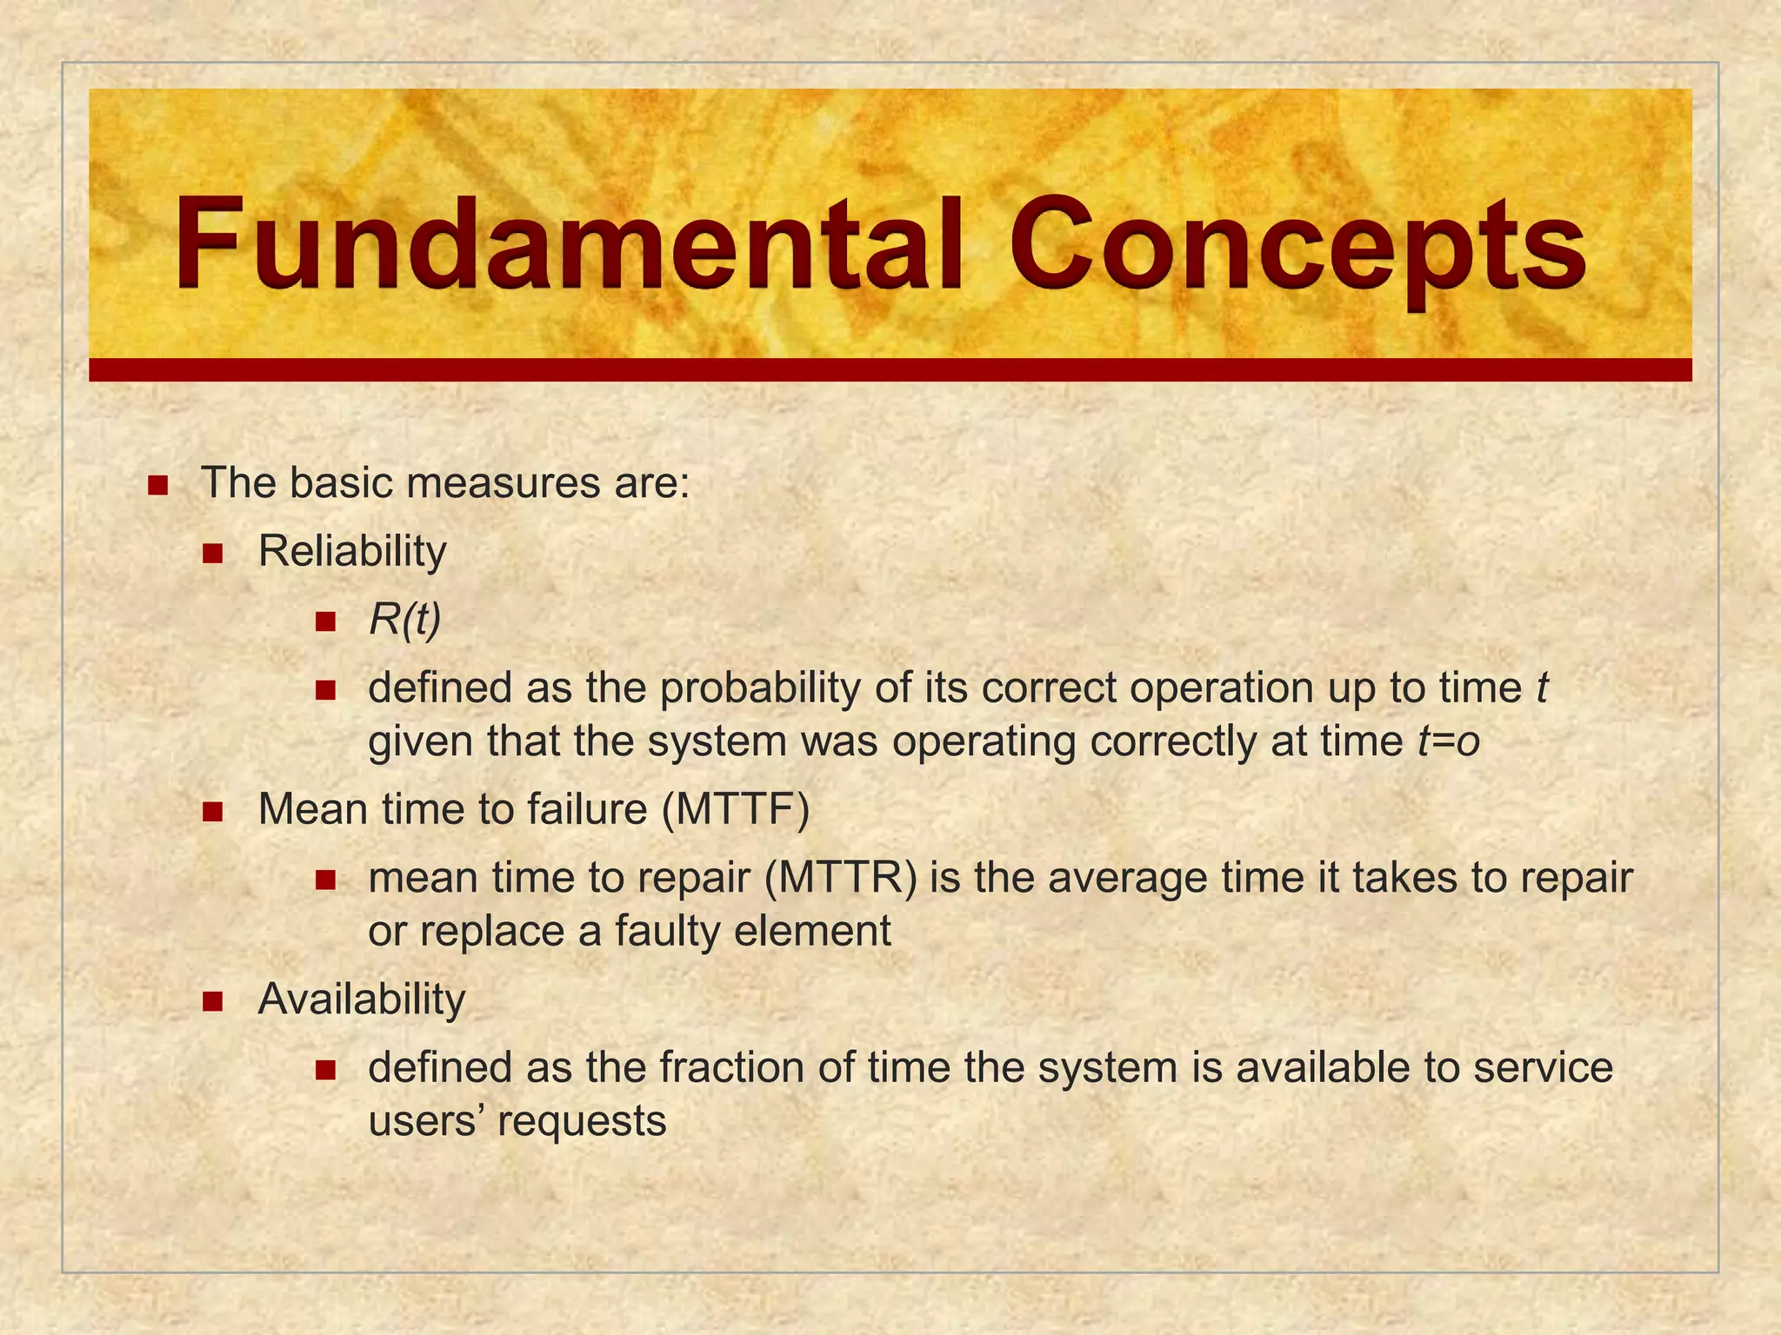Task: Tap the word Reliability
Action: (x=352, y=552)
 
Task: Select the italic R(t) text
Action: (x=405, y=620)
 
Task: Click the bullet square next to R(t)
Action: (x=325, y=621)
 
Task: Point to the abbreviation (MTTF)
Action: (x=736, y=810)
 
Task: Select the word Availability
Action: (x=362, y=1000)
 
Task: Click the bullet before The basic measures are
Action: (x=157, y=485)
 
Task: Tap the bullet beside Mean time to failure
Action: (x=213, y=812)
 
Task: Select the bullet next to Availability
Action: (x=213, y=1001)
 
